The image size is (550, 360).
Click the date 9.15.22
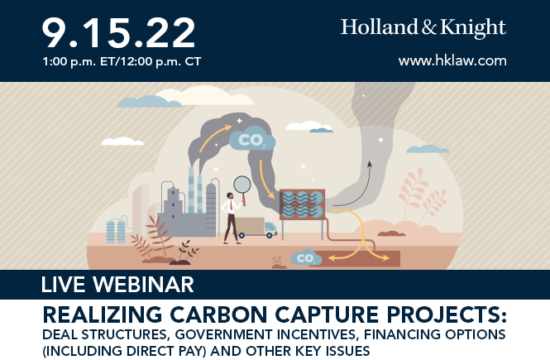tap(118, 33)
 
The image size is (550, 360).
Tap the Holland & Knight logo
tap(423, 27)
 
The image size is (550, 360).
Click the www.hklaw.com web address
tap(452, 60)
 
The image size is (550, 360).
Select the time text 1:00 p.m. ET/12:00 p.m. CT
tap(122, 62)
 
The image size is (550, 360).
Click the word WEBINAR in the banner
tap(143, 285)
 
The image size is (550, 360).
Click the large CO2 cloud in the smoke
tap(252, 139)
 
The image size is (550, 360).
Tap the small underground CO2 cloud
tap(306, 258)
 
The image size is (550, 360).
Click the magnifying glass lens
tap(242, 185)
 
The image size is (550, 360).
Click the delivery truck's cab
tap(270, 229)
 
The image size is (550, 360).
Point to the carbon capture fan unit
tap(302, 204)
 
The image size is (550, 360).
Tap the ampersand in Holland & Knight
tap(428, 27)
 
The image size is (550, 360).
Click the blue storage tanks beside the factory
tap(116, 231)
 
